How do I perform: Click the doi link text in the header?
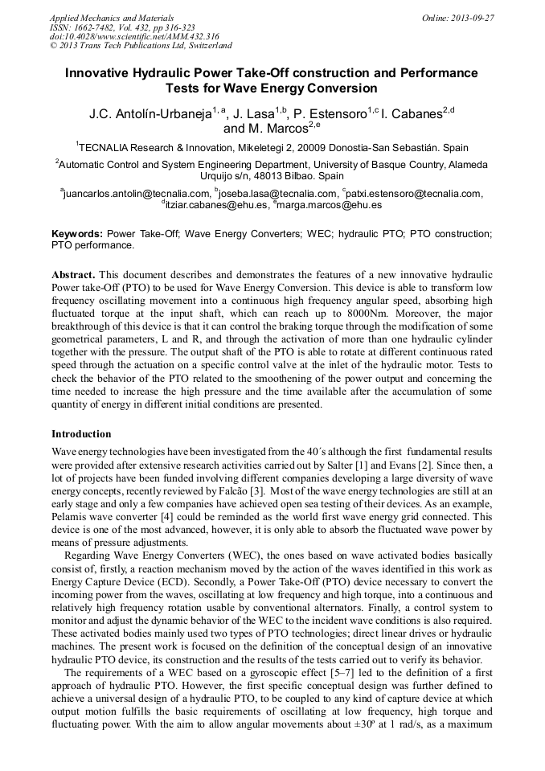[x=133, y=36]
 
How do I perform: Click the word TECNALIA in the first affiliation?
[x=110, y=148]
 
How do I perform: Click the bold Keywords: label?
[x=77, y=232]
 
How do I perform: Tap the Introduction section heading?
[x=81, y=434]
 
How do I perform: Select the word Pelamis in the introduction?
[x=70, y=516]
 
